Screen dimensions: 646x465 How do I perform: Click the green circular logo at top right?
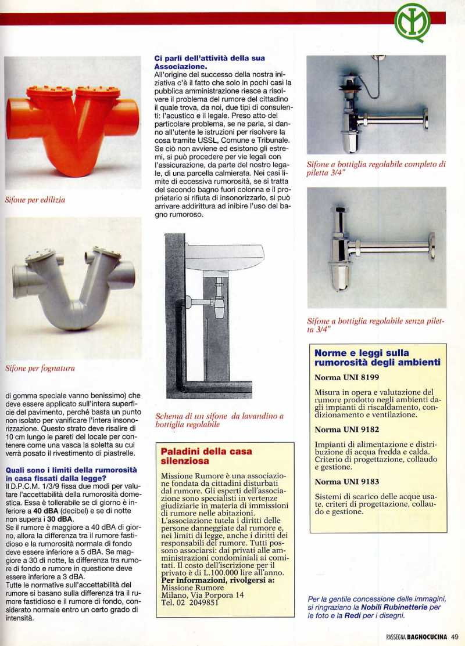[x=412, y=23]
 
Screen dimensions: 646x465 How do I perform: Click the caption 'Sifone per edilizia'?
[x=35, y=200]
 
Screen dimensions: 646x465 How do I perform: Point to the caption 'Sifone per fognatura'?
[x=40, y=368]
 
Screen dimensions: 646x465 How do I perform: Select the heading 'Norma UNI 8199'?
[x=346, y=377]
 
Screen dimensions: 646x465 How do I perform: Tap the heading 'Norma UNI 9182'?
[x=346, y=430]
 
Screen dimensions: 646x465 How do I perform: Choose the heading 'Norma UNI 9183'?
[x=346, y=482]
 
